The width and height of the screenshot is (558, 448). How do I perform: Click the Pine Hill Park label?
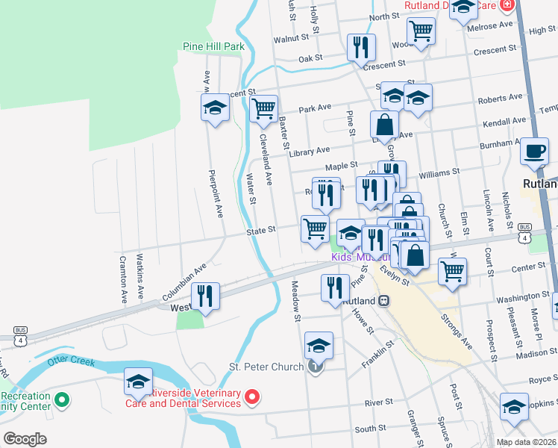[x=213, y=46]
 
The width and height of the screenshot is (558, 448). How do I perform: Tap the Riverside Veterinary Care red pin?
[x=253, y=398]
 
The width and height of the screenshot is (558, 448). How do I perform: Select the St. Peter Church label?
[x=266, y=367]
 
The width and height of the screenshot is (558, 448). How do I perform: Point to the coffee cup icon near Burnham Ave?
[x=533, y=150]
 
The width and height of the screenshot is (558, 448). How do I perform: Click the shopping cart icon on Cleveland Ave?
[x=263, y=108]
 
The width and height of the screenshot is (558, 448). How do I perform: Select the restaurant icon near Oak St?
[x=361, y=47]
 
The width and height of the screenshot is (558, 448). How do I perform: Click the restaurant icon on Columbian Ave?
[x=205, y=296]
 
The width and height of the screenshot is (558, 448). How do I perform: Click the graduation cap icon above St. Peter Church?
[x=319, y=345]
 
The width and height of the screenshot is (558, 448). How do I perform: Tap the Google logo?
[x=25, y=439]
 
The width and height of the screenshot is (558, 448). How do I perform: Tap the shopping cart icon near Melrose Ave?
[x=421, y=31]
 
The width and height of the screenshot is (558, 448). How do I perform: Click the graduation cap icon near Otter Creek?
[x=138, y=382]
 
